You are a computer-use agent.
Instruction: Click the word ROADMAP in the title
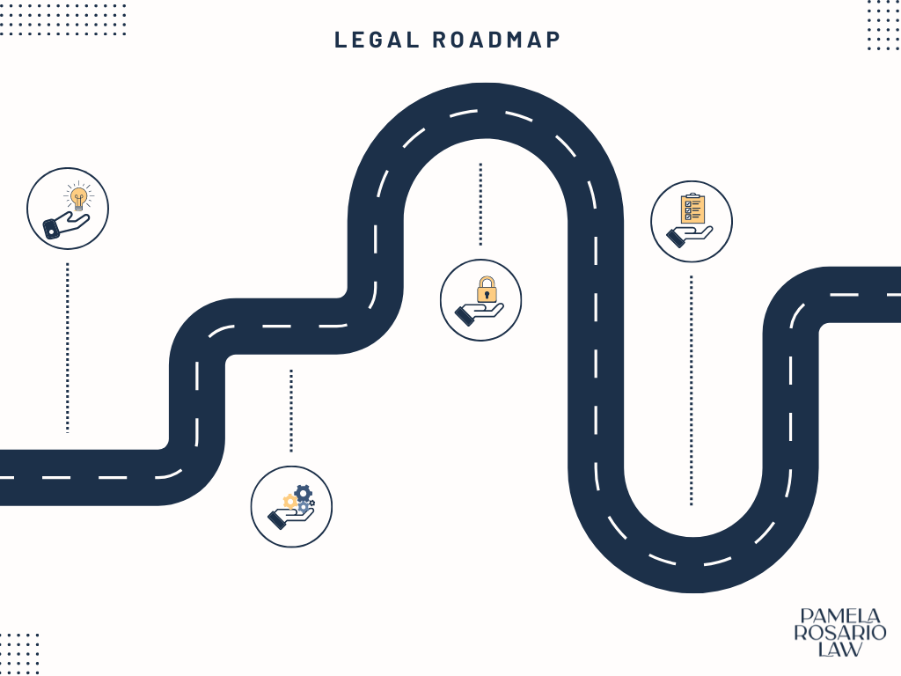click(496, 40)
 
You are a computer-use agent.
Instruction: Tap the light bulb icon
click(78, 196)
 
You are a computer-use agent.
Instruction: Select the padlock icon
click(486, 289)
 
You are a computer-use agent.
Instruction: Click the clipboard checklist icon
click(692, 209)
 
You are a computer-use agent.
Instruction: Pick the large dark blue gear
click(303, 493)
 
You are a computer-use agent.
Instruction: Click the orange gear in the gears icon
click(289, 502)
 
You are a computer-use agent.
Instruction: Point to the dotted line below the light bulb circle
click(67, 347)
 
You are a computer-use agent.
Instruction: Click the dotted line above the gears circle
click(291, 410)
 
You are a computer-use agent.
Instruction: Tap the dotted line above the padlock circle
click(480, 203)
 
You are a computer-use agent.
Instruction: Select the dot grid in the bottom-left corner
click(19, 652)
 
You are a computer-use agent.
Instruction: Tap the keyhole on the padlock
click(486, 294)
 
